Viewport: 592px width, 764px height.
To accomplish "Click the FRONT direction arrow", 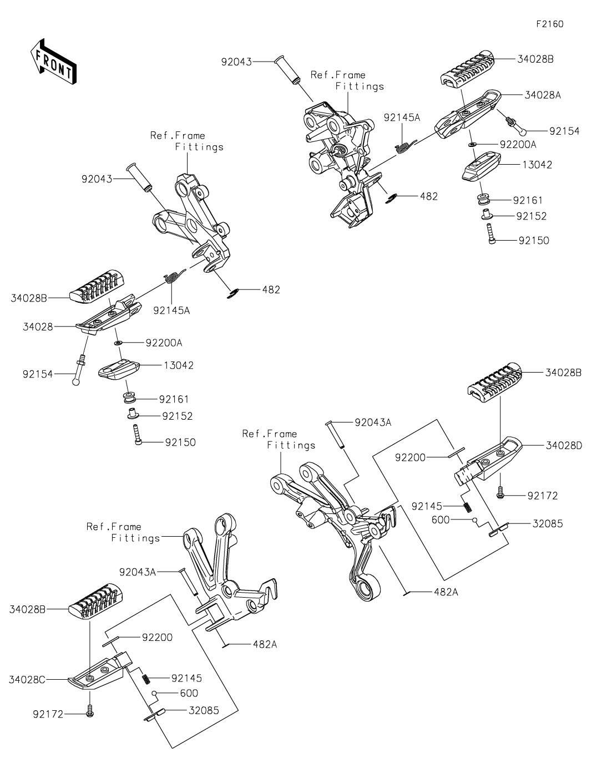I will [x=53, y=62].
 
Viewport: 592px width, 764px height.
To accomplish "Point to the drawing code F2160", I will [x=549, y=24].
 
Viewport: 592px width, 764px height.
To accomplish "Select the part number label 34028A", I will [x=543, y=95].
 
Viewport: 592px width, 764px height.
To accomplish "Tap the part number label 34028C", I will [x=27, y=679].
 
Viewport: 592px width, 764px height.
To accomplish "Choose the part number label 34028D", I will [x=563, y=445].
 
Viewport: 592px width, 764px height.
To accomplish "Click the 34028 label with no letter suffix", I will [x=38, y=327].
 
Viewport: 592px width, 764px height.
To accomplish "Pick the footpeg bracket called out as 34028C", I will [x=97, y=671].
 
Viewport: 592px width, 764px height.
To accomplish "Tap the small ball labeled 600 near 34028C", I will [x=157, y=693].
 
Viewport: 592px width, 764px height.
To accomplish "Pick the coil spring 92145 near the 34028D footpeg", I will [x=468, y=506].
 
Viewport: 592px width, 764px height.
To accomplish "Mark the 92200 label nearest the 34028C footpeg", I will [x=157, y=638].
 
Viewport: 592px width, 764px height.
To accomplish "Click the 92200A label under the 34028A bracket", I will [x=518, y=144].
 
